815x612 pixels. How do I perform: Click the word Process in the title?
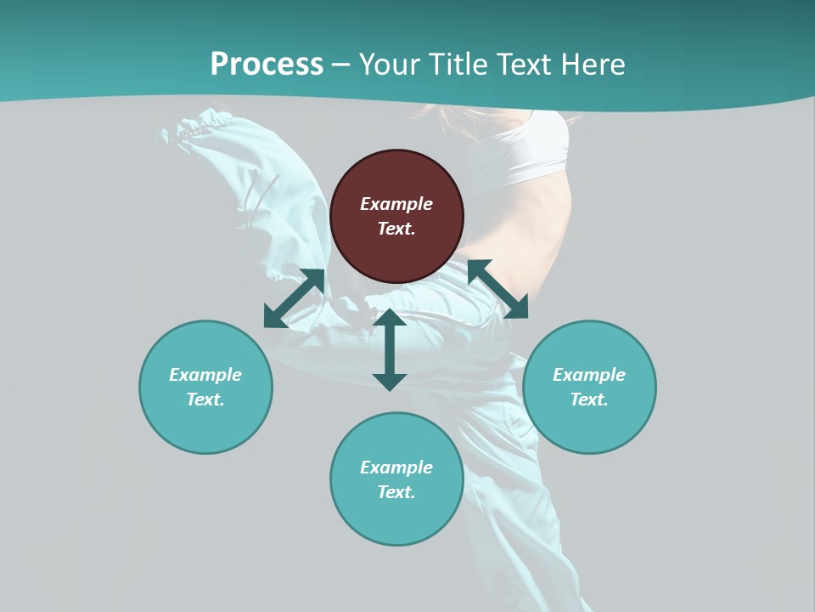point(267,65)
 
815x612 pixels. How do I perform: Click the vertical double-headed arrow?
point(390,349)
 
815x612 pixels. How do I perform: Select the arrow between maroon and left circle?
point(294,298)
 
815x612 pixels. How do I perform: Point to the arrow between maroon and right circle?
point(498,289)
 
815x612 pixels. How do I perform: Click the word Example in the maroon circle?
point(396,204)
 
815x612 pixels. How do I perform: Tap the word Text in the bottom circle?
point(396,492)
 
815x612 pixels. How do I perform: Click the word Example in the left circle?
point(205,375)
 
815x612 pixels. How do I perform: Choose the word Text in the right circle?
point(589,399)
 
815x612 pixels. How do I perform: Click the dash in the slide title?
point(340,65)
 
